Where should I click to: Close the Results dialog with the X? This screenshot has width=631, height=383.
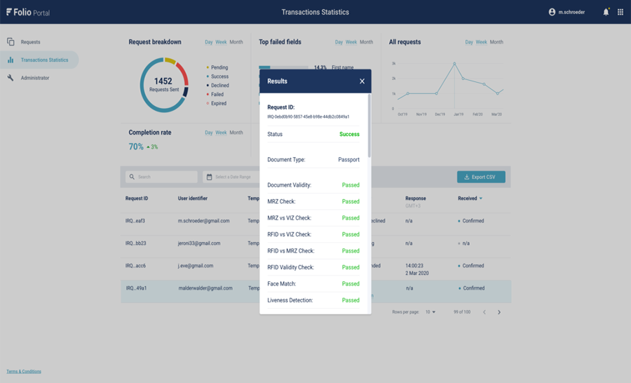coord(362,81)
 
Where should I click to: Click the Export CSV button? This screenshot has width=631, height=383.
coord(481,177)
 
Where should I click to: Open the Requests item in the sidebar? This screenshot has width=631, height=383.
coord(30,42)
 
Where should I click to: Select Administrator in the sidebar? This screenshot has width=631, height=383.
coord(34,78)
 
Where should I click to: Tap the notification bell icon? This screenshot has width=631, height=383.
coord(606,12)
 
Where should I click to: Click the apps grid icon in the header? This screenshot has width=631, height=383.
coord(620,12)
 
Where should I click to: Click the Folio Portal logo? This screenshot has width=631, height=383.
coord(28,12)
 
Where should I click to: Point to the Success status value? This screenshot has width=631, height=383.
coord(349,134)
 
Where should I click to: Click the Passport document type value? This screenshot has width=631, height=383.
coord(348,160)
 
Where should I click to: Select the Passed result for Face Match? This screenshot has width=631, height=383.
coord(351,284)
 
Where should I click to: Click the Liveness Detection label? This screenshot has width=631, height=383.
coord(290,300)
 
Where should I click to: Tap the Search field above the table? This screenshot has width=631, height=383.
coord(161,177)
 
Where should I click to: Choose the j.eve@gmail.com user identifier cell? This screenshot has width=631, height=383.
coord(196,266)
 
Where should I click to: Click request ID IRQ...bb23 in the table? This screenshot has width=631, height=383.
coord(135,243)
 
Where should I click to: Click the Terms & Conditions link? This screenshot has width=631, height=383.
coord(24,372)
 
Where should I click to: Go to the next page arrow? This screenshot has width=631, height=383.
coord(499,312)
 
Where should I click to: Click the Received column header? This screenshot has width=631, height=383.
coord(468,199)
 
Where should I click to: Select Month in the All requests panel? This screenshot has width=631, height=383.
coord(496,42)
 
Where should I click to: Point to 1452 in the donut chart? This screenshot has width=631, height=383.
coord(163,81)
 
